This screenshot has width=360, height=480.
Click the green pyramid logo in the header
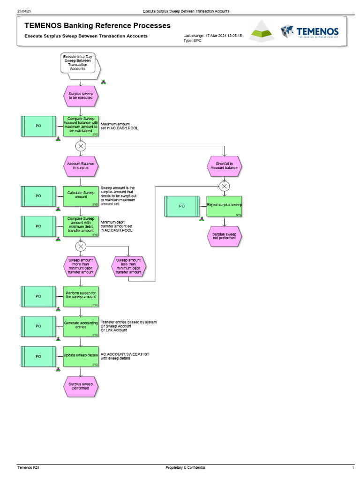pyautogui.click(x=263, y=31)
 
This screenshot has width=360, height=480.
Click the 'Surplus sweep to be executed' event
pyautogui.click(x=81, y=96)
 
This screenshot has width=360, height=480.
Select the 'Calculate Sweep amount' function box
pyautogui.click(x=81, y=195)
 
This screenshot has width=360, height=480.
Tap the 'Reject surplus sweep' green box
pyautogui.click(x=224, y=206)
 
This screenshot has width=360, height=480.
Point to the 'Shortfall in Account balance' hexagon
pyautogui.click(x=224, y=165)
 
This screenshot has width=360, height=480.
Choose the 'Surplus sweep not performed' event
pyautogui.click(x=224, y=237)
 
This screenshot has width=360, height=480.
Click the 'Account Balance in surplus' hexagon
pyautogui.click(x=81, y=165)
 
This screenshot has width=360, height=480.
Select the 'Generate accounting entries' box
pyautogui.click(x=81, y=326)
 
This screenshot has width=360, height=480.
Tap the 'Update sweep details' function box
pyautogui.click(x=81, y=356)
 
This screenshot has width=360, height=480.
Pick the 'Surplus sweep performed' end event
pyautogui.click(x=81, y=386)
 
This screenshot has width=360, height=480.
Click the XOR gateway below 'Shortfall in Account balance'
pyautogui.click(x=225, y=186)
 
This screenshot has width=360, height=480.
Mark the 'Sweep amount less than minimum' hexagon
pyautogui.click(x=128, y=266)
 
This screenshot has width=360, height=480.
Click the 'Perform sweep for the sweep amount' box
pyautogui.click(x=81, y=296)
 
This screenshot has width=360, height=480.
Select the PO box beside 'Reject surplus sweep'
pyautogui.click(x=182, y=206)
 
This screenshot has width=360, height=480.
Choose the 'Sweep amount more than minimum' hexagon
pyautogui.click(x=81, y=266)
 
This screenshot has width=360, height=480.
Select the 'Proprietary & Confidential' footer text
pyautogui.click(x=186, y=468)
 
